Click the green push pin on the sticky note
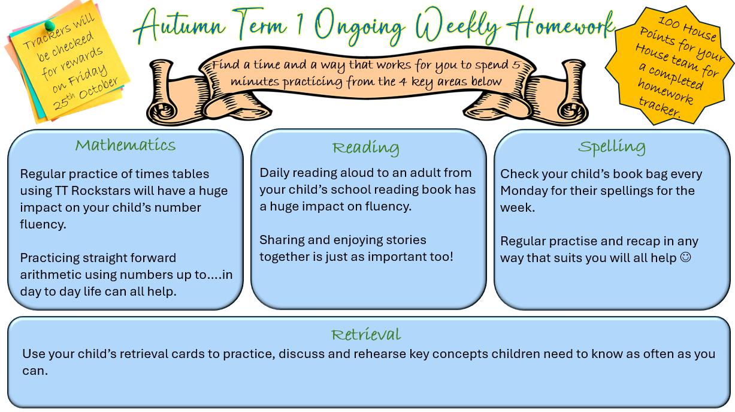click(x=50, y=25)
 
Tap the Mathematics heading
click(x=125, y=145)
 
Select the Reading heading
click(x=366, y=148)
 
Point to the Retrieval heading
click(x=366, y=335)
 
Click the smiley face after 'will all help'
click(x=685, y=257)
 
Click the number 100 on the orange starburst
click(x=669, y=22)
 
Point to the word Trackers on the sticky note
click(x=47, y=37)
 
